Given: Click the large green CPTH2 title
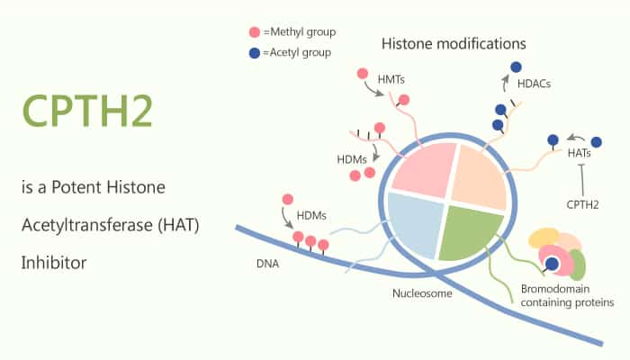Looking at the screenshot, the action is (87, 111).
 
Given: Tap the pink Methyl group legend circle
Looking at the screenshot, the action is (255, 32).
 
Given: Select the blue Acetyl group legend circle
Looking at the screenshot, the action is (255, 53).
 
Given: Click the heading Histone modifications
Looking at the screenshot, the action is (454, 44).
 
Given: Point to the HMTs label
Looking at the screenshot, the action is (391, 79).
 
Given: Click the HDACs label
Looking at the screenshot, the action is (534, 84).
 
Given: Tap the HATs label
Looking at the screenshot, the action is (579, 153).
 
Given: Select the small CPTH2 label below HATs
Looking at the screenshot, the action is (582, 205).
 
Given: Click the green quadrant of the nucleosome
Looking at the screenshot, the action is (468, 231).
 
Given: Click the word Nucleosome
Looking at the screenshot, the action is (422, 293).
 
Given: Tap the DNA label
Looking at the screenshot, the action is (267, 264).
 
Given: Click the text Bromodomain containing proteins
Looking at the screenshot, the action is (567, 296).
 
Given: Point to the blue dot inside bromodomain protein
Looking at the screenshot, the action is (553, 264).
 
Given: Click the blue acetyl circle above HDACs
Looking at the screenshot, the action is (516, 67).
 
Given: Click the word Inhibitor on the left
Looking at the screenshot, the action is (54, 263).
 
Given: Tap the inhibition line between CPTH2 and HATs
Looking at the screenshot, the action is (581, 180).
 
